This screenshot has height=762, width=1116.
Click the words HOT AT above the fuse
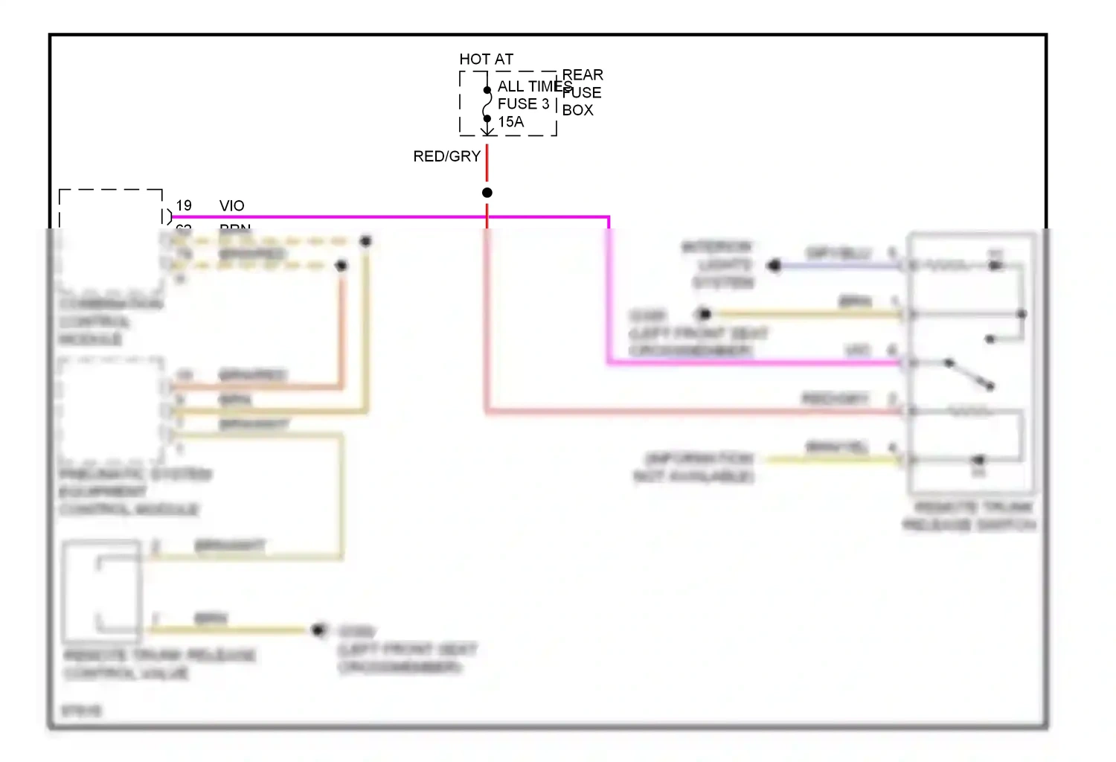tap(486, 59)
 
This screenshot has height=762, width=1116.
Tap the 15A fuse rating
tap(510, 121)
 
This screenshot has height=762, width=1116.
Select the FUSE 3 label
tap(523, 103)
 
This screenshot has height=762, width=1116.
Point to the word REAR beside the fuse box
tap(583, 75)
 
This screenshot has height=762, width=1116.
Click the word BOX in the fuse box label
tap(577, 110)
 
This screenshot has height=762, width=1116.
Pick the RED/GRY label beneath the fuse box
tap(446, 156)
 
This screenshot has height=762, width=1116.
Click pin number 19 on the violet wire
tap(184, 205)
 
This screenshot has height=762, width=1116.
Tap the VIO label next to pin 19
tap(231, 205)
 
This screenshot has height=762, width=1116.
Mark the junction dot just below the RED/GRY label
tap(487, 193)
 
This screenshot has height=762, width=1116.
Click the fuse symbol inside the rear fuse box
tap(487, 104)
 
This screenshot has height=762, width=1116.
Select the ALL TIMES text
tap(534, 86)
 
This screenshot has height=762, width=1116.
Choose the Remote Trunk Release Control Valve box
tap(102, 592)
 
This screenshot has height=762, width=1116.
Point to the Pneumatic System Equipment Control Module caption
tap(134, 491)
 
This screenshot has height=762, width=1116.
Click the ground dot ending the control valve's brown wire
tap(319, 630)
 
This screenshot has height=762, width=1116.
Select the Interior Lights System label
tap(717, 265)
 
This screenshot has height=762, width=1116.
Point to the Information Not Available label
tap(694, 467)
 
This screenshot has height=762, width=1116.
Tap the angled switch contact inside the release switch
tap(970, 374)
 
